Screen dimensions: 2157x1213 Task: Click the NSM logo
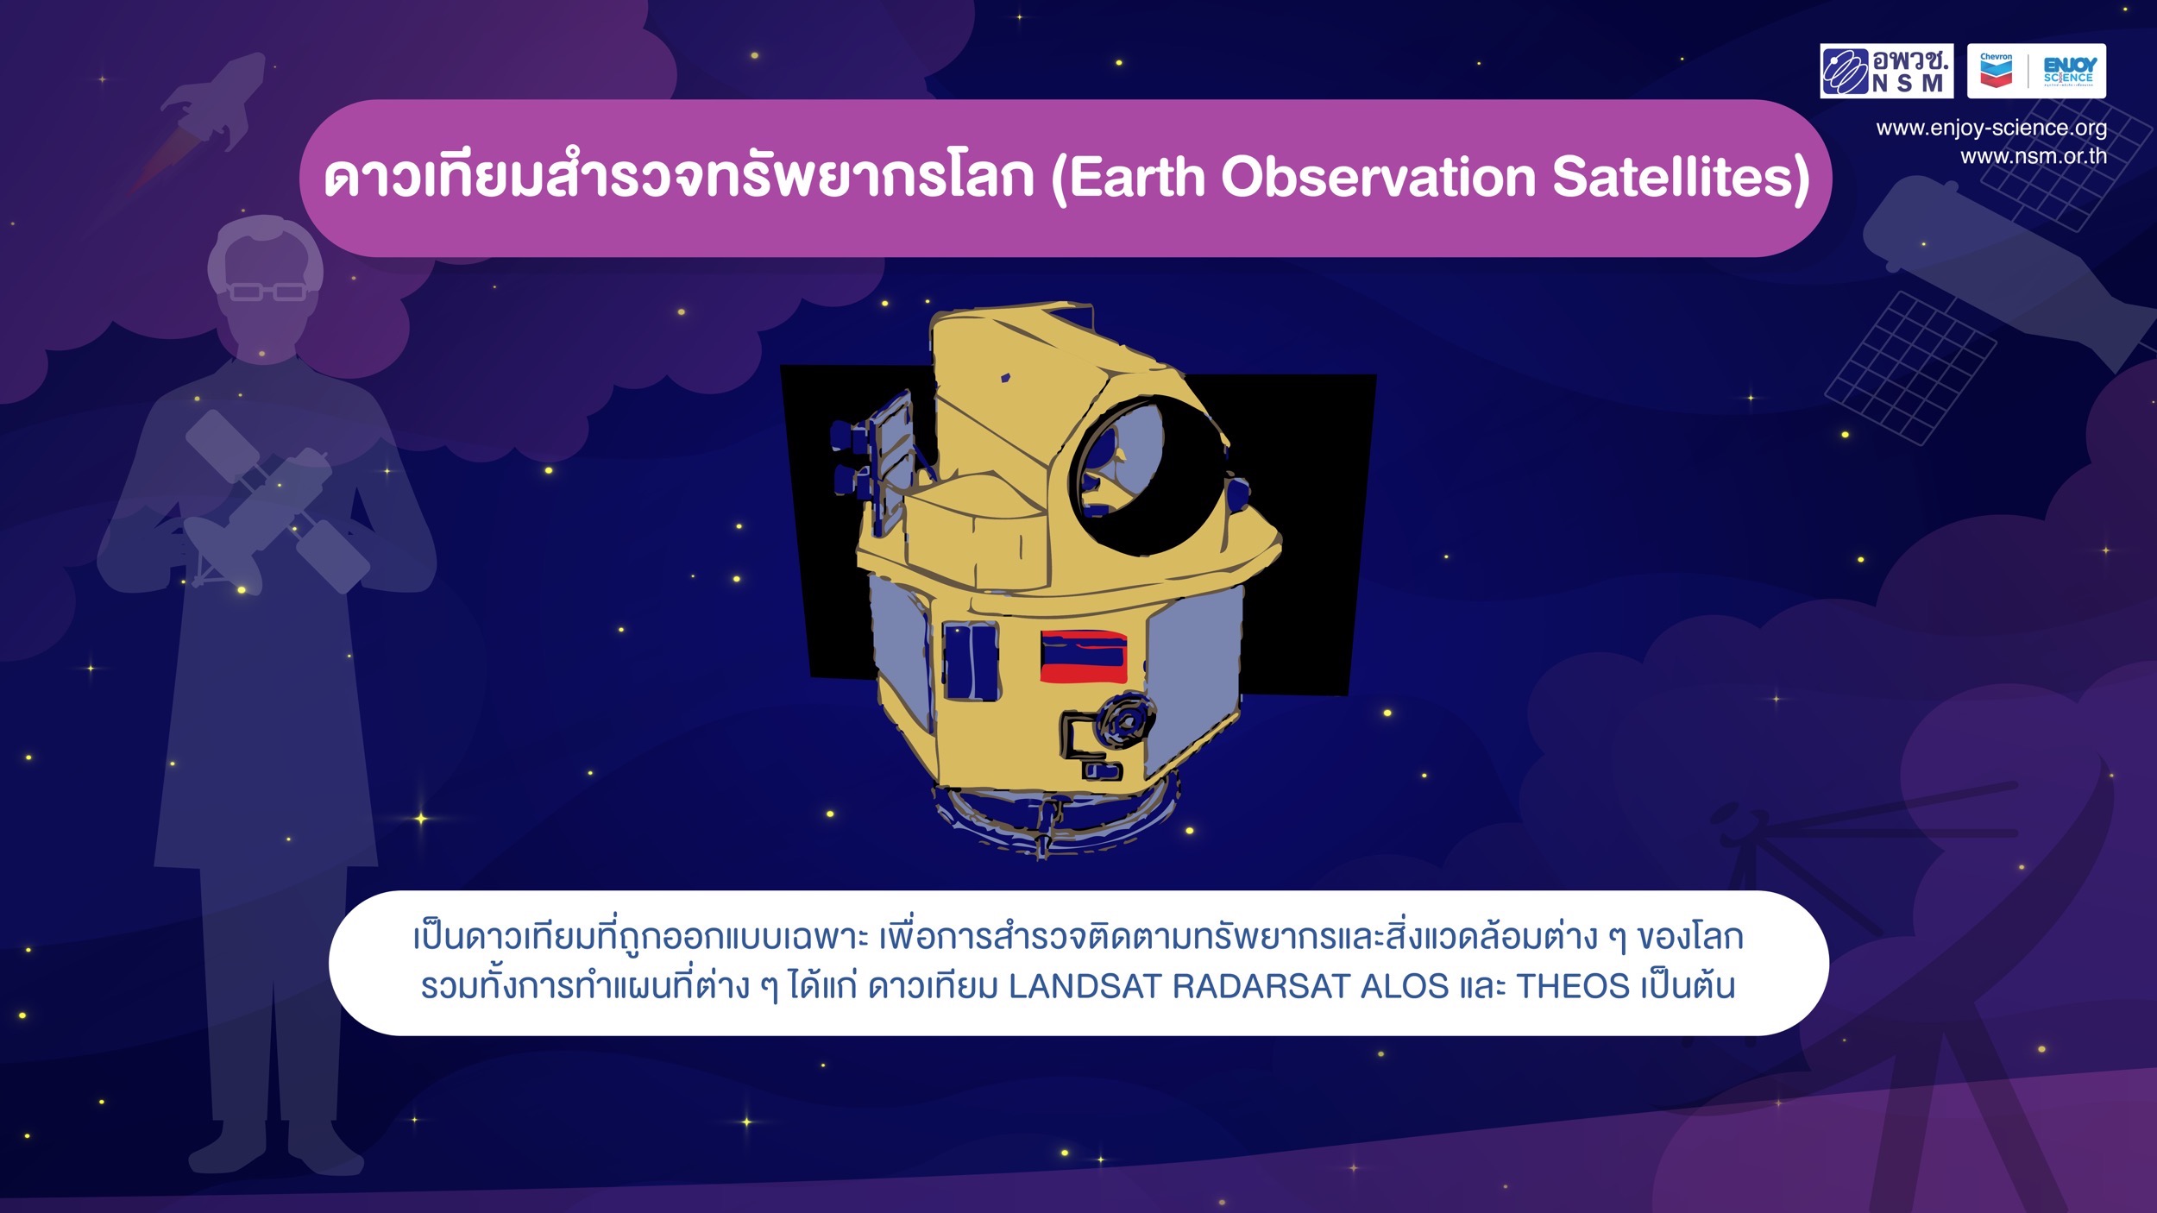coord(1886,71)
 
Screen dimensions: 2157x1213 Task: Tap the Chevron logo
coord(1996,71)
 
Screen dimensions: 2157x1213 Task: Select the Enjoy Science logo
coord(2068,71)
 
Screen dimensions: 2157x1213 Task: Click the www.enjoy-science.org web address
coord(1991,128)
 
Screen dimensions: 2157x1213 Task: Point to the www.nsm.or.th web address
coord(2034,156)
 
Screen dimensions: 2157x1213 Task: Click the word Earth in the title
coord(1137,177)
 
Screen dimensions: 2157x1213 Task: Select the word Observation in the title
coord(1379,177)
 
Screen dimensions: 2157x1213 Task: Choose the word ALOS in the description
coord(1405,986)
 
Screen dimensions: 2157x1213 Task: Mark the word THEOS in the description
coord(1573,986)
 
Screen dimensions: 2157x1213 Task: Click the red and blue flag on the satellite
coord(1084,657)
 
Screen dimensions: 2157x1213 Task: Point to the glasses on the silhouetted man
coord(267,292)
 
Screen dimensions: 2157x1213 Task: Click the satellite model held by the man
coord(276,503)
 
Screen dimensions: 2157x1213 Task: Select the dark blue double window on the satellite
coord(971,660)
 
